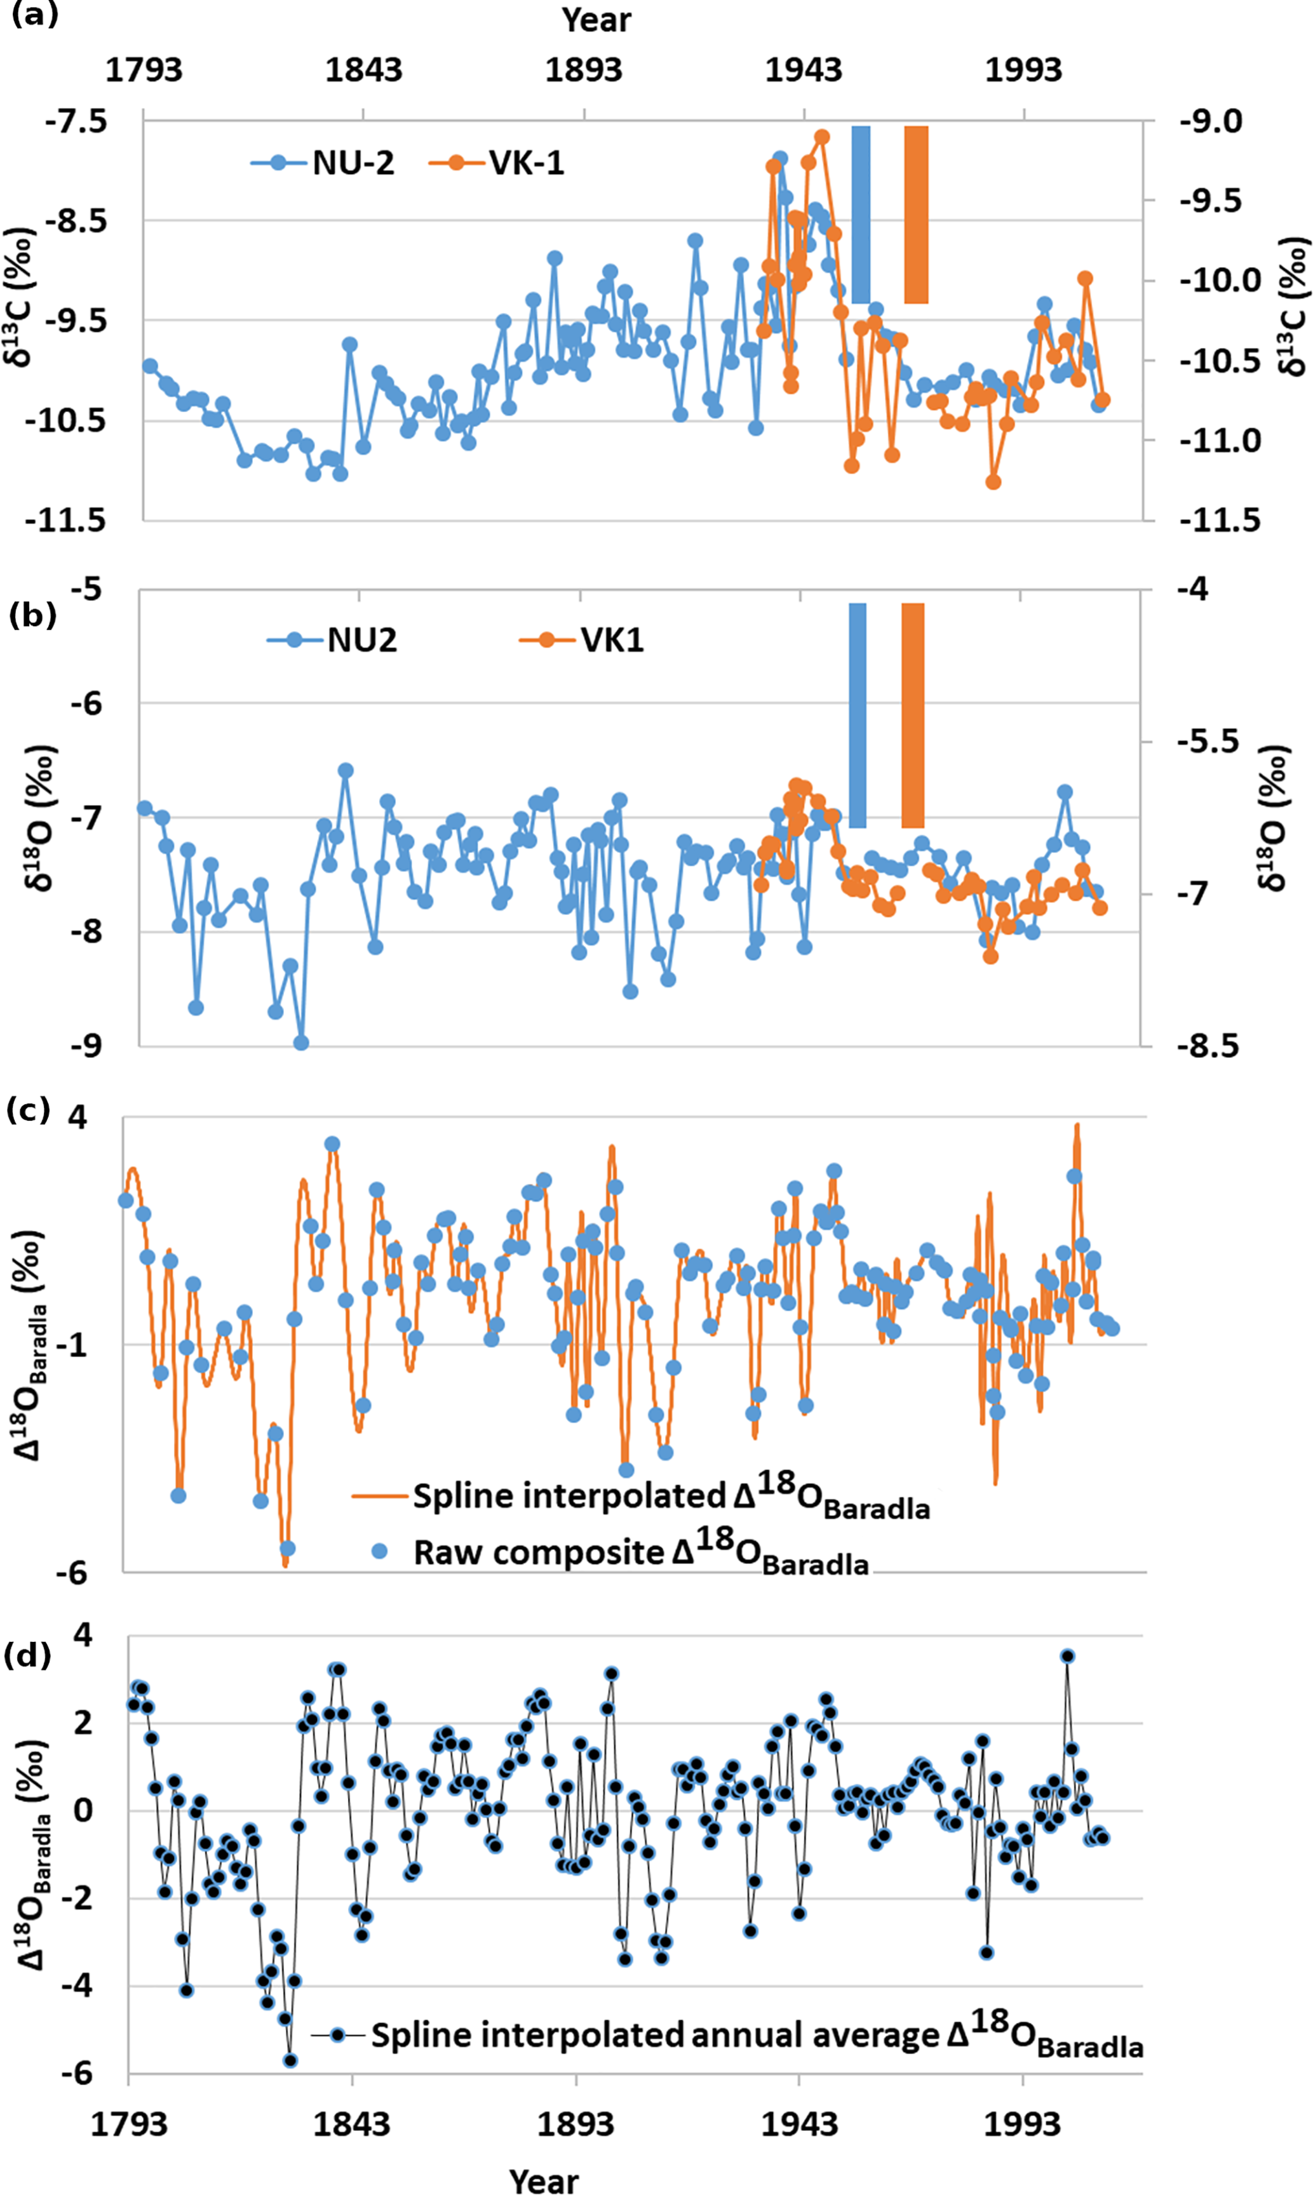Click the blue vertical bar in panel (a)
(x=860, y=214)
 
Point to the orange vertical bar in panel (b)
(x=912, y=716)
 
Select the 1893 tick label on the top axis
(x=583, y=70)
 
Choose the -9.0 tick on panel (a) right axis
(x=1211, y=121)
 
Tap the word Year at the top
(x=596, y=20)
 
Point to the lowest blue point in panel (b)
(x=301, y=1043)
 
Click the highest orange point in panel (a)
(x=822, y=136)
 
